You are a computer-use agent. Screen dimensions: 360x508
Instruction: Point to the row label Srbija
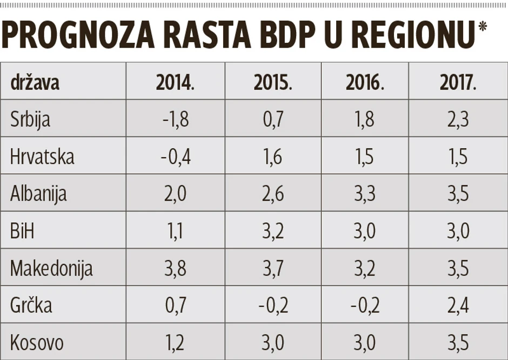pos(30,119)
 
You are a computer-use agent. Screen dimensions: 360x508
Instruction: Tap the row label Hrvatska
pos(42,156)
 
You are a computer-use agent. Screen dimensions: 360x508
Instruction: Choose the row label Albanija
pos(38,194)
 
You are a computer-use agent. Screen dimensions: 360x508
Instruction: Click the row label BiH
pos(22,231)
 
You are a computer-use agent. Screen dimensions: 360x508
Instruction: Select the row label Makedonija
pos(51,268)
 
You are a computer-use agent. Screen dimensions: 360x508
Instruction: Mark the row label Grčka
pos(31,305)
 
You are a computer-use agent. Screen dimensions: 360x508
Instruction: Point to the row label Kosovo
pos(37,343)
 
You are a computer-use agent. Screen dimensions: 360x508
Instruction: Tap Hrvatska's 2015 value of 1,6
pos(272,156)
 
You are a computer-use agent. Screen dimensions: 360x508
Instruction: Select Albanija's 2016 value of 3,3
pos(365,194)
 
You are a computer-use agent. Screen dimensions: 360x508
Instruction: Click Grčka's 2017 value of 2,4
pos(458,305)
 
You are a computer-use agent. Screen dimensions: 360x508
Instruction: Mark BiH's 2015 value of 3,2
pos(272,231)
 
